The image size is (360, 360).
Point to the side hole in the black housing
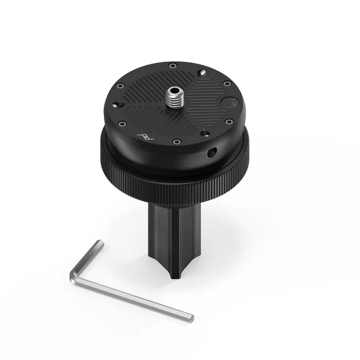211,153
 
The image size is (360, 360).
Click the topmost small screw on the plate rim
172,65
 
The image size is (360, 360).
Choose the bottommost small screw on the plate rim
176,141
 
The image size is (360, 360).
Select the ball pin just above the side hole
206,134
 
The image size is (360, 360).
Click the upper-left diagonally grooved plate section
147,85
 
